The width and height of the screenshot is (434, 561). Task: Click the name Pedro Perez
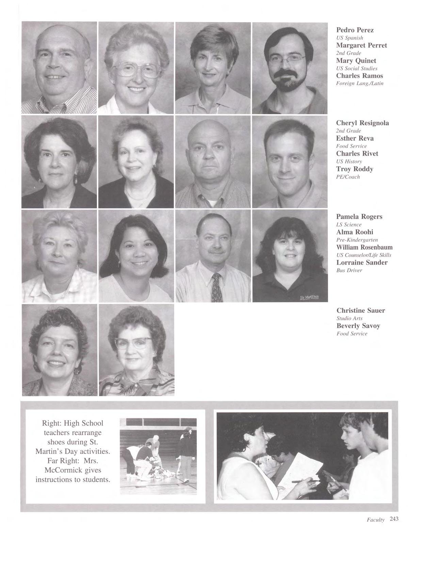(355, 30)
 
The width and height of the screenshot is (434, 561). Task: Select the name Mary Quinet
(356, 61)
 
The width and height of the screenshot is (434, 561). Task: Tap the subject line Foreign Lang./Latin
(359, 83)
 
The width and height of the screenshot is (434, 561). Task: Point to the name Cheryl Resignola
(362, 123)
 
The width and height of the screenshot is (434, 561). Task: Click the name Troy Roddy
(354, 169)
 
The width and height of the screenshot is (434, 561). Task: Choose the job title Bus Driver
(349, 270)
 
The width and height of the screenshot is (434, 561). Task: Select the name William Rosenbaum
(364, 247)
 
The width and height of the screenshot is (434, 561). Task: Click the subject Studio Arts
(349, 318)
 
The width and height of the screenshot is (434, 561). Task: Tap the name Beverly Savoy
(358, 326)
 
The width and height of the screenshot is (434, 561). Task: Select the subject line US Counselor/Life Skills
(364, 255)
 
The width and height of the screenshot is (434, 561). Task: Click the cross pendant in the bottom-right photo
(259, 464)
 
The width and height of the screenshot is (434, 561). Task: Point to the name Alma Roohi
(354, 232)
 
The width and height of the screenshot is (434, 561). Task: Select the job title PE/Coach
(348, 177)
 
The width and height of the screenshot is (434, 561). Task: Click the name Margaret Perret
(361, 45)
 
